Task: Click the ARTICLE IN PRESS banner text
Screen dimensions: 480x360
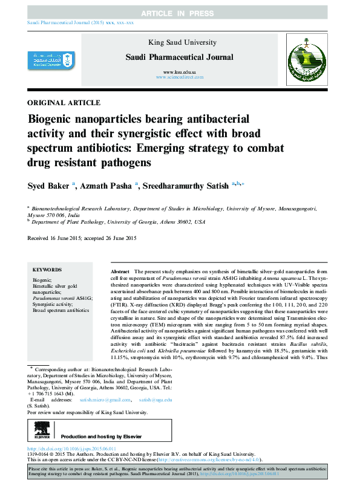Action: click(x=180, y=13)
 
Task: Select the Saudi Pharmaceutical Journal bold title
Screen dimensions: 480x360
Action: click(x=178, y=57)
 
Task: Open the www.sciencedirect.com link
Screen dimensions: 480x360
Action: click(x=179, y=78)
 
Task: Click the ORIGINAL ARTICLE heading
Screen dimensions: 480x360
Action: click(x=64, y=103)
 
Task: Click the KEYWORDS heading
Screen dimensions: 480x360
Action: click(x=47, y=270)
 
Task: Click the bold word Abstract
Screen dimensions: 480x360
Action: click(x=120, y=273)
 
